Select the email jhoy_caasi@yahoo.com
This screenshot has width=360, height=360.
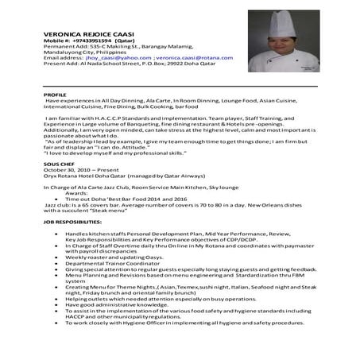tap(115, 59)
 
